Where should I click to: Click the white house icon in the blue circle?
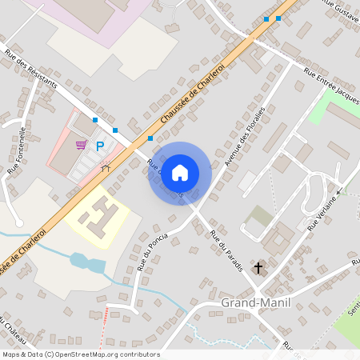180,173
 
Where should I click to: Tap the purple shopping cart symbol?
81,145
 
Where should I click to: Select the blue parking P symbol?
101,146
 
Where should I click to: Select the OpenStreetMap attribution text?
81,354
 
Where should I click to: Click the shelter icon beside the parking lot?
106,167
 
